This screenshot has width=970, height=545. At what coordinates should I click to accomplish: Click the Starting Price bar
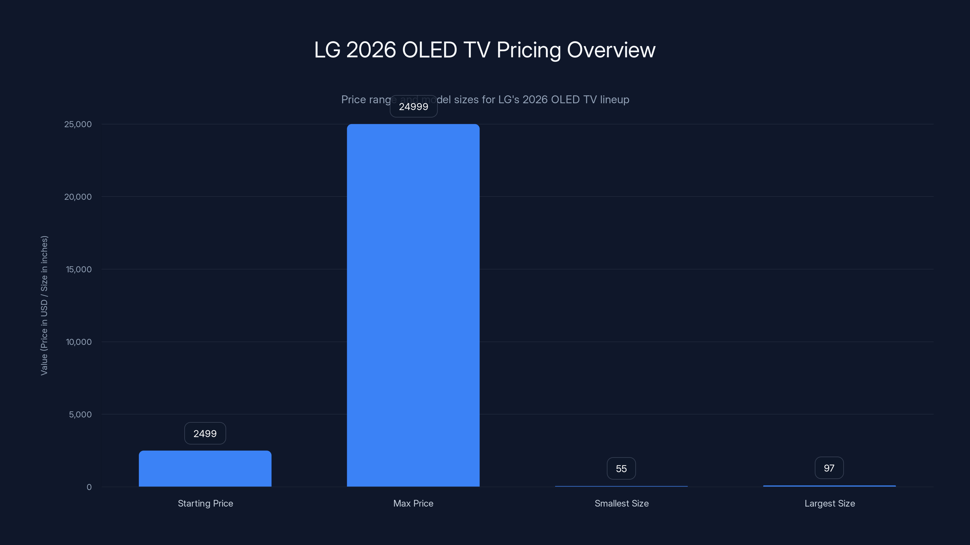[x=205, y=469]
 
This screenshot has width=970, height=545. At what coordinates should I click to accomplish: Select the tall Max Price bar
[x=413, y=305]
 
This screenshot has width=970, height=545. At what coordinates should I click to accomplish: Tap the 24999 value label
[x=413, y=107]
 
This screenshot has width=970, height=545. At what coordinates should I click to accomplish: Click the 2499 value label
[x=205, y=433]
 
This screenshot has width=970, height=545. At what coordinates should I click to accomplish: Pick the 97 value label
[x=829, y=468]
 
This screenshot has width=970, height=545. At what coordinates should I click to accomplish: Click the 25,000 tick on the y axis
[x=78, y=124]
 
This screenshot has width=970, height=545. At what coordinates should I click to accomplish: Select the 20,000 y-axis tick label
[x=78, y=197]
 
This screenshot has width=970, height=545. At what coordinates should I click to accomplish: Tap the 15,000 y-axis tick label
[x=79, y=269]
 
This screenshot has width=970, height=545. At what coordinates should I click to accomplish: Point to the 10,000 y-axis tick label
[x=79, y=342]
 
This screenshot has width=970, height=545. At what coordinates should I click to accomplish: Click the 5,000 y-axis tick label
[x=80, y=415]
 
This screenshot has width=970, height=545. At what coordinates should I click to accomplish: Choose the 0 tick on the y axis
[x=89, y=487]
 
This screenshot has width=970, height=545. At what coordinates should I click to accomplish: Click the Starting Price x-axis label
[x=205, y=503]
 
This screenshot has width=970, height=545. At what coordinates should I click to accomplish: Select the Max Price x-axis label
[x=413, y=503]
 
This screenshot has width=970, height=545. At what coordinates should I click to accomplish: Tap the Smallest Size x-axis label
[x=621, y=503]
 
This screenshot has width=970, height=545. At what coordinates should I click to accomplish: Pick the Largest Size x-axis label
[x=830, y=503]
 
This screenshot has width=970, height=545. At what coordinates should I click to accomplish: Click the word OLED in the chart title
[x=429, y=50]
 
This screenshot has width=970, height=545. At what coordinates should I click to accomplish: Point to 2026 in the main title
[x=371, y=50]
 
